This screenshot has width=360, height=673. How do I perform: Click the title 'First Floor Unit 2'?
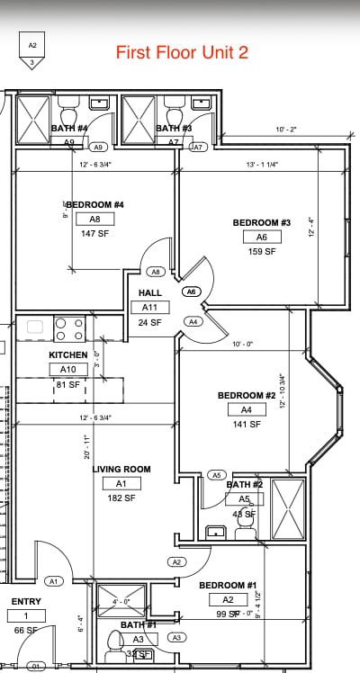coord(182,52)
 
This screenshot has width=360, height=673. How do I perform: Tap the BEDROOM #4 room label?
coord(94,205)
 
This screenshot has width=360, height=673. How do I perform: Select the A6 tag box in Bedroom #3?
coord(262,237)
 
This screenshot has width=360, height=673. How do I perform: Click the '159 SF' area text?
coord(262,252)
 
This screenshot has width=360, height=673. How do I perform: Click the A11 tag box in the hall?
coord(149,308)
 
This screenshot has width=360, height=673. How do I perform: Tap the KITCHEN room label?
coord(68,355)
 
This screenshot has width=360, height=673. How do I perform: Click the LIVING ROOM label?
coord(121,469)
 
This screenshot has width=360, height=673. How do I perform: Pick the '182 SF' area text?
coord(121,498)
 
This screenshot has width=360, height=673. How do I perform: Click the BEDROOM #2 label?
coord(246,395)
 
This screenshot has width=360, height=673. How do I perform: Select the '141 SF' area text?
coord(246,424)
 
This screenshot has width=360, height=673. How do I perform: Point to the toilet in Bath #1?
coord(114,642)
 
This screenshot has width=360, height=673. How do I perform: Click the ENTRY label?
coord(26,602)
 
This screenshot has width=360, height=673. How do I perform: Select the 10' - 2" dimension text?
coord(286,130)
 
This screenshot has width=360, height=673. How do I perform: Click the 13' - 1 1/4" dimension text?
coord(262,165)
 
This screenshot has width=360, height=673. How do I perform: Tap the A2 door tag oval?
coord(176,561)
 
